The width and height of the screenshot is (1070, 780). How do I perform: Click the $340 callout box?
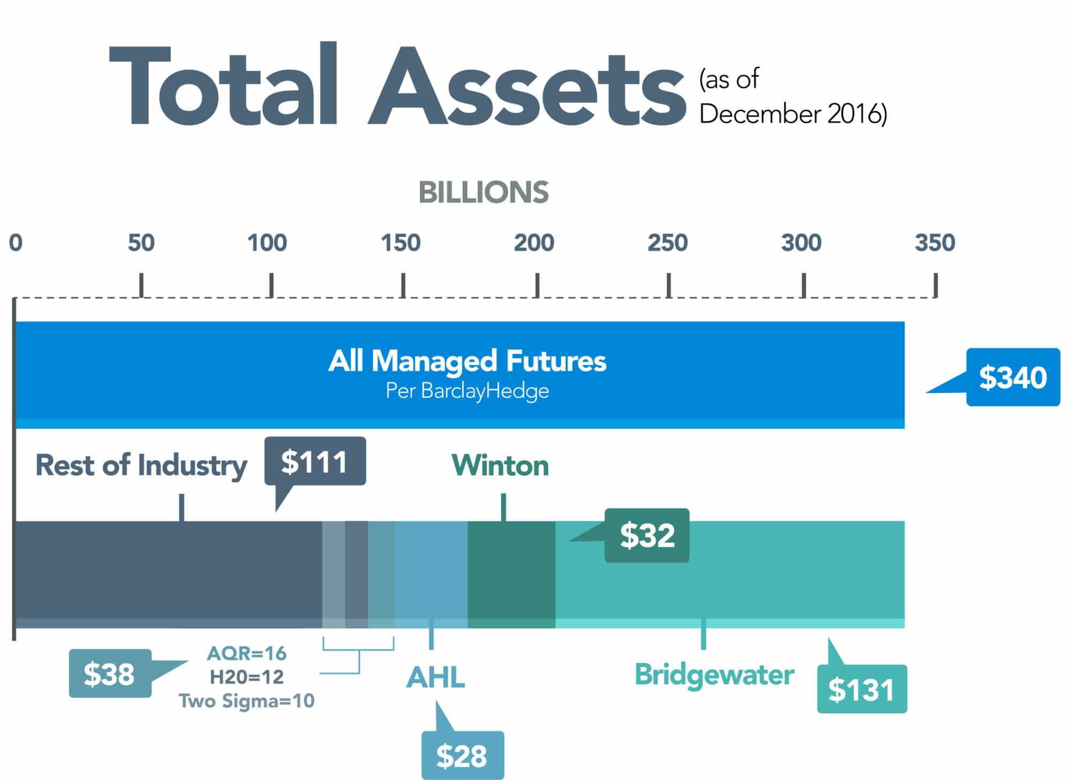pyautogui.click(x=1012, y=377)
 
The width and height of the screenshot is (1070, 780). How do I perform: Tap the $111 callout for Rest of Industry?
pyautogui.click(x=315, y=461)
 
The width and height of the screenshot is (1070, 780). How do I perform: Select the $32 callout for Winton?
pyautogui.click(x=647, y=535)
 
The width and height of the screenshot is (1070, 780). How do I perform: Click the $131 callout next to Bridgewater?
pyautogui.click(x=861, y=689)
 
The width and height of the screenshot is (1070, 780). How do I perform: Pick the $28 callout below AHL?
pyautogui.click(x=462, y=755)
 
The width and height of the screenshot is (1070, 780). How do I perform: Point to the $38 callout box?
pyautogui.click(x=110, y=674)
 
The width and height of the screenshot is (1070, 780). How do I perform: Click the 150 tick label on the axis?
pyautogui.click(x=400, y=243)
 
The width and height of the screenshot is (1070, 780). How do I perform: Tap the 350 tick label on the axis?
pyautogui.click(x=934, y=243)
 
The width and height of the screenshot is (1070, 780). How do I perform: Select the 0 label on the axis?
pyautogui.click(x=16, y=243)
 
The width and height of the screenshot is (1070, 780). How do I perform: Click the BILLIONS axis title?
pyautogui.click(x=483, y=192)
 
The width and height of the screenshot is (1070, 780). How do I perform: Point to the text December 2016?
pyautogui.click(x=793, y=114)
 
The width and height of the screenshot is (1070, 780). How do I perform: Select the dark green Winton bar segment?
pyautogui.click(x=511, y=569)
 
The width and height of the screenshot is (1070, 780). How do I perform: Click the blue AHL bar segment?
pyautogui.click(x=431, y=569)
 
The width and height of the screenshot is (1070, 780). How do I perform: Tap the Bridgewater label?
pyautogui.click(x=714, y=675)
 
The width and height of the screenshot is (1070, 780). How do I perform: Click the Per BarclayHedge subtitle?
pyautogui.click(x=467, y=391)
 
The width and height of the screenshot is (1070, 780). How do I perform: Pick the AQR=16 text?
pyautogui.click(x=247, y=653)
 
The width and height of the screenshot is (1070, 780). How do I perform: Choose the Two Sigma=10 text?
pyautogui.click(x=247, y=701)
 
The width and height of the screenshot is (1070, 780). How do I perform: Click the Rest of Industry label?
pyautogui.click(x=141, y=465)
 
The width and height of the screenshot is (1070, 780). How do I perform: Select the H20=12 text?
pyautogui.click(x=247, y=677)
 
